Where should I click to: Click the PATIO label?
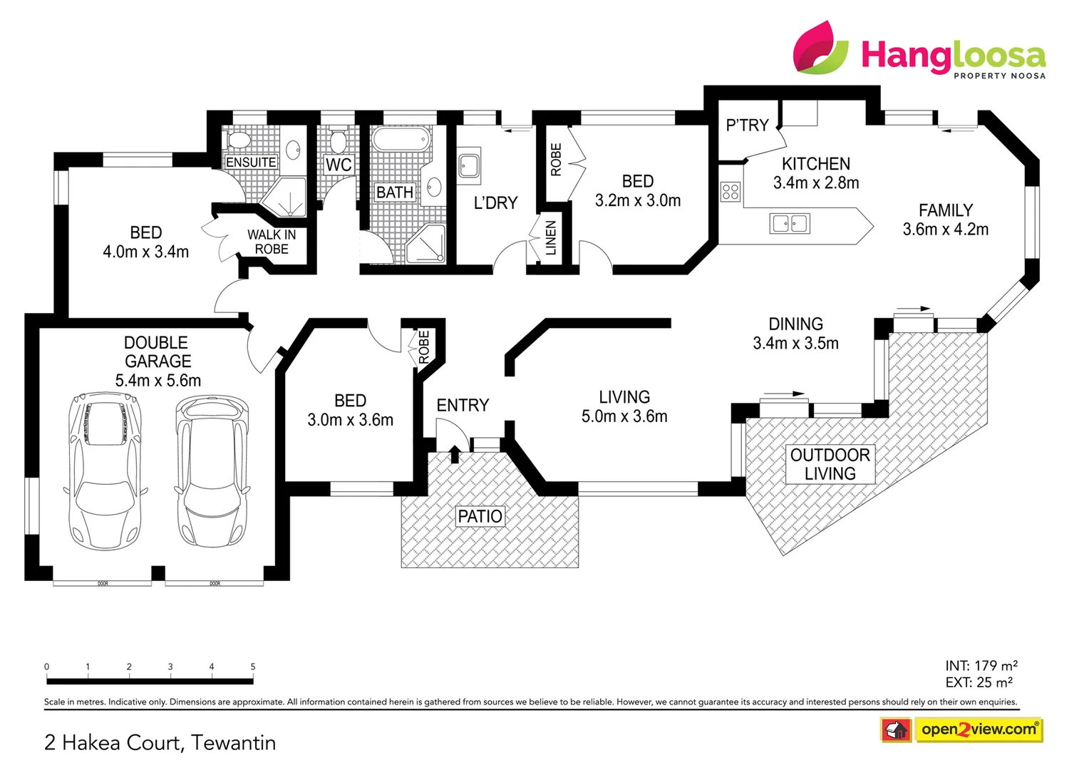[480, 516]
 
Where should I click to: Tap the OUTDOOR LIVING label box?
[830, 464]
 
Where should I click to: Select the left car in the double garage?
[105, 470]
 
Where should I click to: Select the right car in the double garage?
[212, 471]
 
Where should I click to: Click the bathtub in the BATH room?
[401, 139]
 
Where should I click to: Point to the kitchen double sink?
[790, 223]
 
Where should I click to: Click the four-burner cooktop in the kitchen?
[730, 191]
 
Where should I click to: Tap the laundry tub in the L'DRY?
[469, 165]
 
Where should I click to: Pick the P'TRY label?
[747, 125]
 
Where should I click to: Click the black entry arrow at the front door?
[455, 453]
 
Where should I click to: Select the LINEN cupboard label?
[550, 238]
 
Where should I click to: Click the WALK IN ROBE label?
[272, 242]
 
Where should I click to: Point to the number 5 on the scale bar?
[253, 667]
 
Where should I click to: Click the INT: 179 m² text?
[981, 665]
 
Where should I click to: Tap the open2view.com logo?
[978, 729]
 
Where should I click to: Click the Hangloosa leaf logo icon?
[820, 48]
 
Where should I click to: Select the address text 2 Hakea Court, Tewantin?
[160, 742]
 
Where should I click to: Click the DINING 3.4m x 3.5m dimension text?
[795, 343]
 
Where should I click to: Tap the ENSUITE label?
[251, 163]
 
